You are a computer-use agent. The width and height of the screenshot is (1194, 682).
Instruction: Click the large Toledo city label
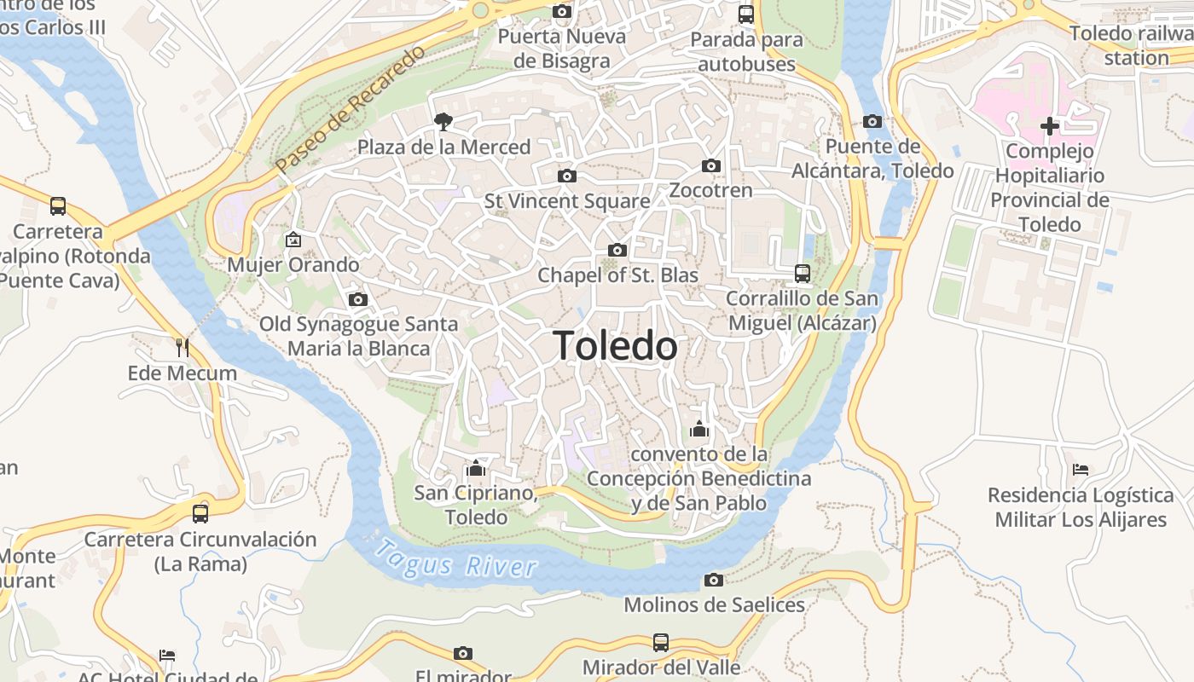click(615, 346)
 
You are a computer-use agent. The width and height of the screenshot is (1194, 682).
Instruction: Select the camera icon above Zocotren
click(711, 165)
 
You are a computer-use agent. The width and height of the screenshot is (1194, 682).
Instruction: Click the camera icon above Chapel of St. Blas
click(617, 250)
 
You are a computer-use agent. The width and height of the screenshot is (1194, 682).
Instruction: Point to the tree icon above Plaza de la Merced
click(443, 121)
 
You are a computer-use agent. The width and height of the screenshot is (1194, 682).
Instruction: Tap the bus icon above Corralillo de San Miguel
click(803, 274)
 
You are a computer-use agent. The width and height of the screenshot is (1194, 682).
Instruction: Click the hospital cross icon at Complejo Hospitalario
click(1050, 127)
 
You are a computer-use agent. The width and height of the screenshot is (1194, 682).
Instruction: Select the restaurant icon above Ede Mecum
click(182, 347)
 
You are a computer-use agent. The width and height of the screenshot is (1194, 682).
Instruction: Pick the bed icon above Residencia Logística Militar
click(1081, 470)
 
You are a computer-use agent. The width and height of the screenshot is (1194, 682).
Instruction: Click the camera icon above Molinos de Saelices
click(714, 580)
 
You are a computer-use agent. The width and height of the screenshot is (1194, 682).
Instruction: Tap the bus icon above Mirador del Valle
click(661, 642)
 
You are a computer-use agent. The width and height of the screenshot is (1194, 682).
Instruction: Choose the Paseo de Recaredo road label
click(351, 108)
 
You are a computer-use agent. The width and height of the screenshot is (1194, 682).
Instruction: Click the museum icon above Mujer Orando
click(293, 240)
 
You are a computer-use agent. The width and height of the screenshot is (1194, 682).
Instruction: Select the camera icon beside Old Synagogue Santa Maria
click(358, 299)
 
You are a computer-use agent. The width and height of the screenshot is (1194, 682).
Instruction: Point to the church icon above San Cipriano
click(476, 468)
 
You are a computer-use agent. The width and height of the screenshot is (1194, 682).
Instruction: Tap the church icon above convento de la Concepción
click(699, 428)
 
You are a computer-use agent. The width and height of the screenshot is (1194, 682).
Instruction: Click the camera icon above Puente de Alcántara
click(872, 121)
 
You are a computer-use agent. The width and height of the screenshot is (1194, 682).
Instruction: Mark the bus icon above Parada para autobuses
click(746, 14)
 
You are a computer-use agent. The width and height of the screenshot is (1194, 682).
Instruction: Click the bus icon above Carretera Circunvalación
click(200, 513)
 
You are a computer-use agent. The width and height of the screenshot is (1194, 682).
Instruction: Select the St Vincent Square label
click(567, 201)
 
